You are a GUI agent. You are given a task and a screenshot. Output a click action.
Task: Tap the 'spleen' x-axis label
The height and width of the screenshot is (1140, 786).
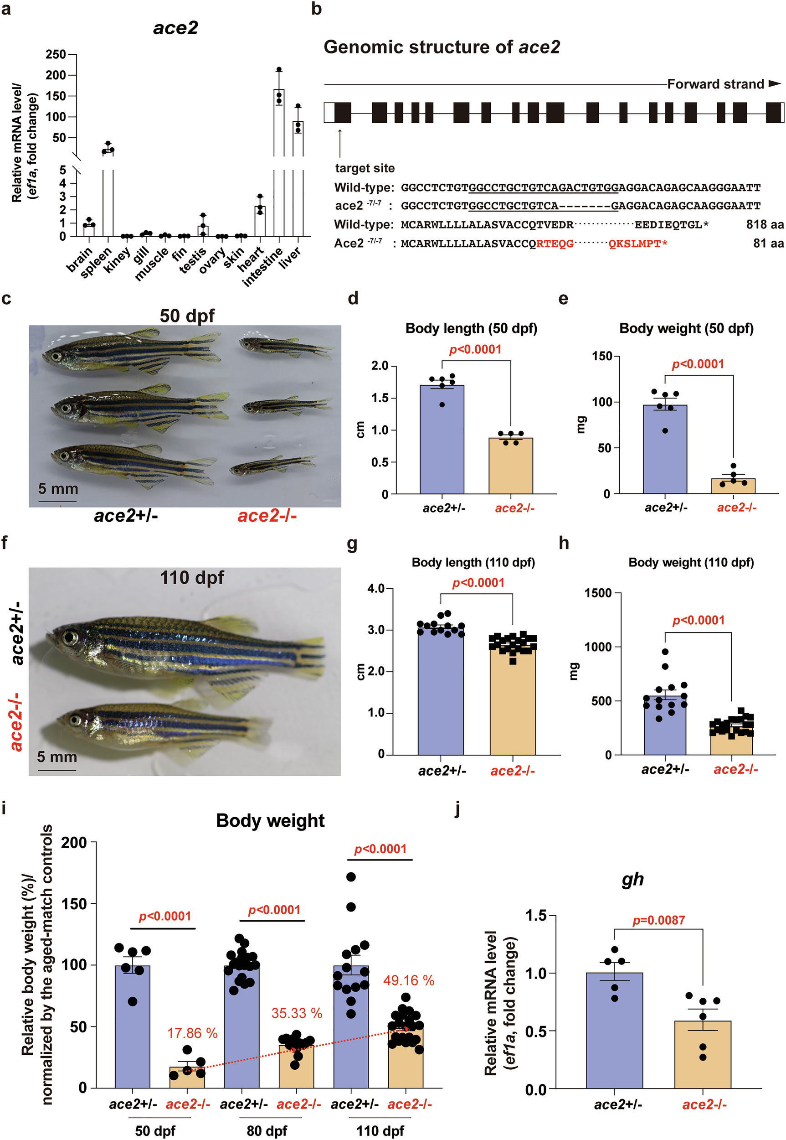[97, 262]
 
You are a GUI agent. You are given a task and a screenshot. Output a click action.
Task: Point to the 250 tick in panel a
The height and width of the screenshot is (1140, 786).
[56, 54]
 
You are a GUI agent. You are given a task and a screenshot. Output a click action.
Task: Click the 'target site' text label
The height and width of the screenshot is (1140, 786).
[365, 168]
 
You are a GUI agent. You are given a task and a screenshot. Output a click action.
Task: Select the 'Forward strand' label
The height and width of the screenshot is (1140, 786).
[715, 84]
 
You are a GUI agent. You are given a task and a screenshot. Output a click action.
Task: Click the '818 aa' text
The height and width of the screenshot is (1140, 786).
[764, 225]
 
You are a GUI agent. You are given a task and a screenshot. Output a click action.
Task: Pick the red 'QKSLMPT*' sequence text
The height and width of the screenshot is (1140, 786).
[638, 244]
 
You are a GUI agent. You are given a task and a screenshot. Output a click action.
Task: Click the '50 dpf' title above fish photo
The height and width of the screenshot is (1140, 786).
[187, 316]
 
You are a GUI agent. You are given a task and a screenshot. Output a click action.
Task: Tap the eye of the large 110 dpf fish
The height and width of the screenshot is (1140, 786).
[70, 638]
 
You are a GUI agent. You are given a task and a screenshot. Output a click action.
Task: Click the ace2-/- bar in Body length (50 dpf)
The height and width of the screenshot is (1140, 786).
[511, 466]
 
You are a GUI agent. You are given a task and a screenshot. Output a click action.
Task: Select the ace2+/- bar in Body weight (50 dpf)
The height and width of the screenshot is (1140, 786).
[665, 449]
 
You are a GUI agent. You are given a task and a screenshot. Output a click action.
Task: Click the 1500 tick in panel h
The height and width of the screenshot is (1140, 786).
[598, 593]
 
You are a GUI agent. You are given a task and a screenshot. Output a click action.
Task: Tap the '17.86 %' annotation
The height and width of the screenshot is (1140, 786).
[192, 1033]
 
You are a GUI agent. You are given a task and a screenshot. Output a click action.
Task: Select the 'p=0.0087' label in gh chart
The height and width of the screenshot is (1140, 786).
[658, 920]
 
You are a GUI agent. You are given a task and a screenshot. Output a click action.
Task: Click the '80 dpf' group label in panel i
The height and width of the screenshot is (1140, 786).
[267, 1130]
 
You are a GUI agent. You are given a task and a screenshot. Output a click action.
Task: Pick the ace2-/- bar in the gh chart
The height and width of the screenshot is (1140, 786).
[702, 1055]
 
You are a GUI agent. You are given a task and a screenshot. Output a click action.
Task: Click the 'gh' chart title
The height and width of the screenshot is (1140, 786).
[632, 880]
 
